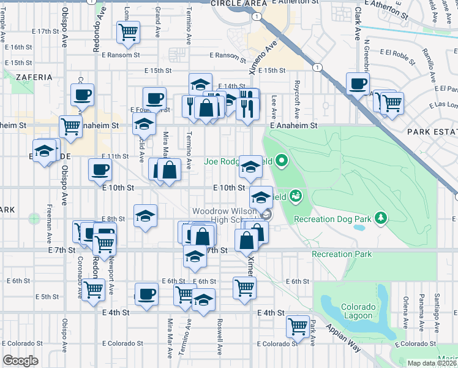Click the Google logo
(x=20, y=361)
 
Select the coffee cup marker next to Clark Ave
(x=358, y=84)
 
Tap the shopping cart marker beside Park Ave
(x=298, y=326)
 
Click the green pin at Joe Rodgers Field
(x=282, y=162)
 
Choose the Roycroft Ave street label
(x=297, y=98)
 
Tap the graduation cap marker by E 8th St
(x=145, y=215)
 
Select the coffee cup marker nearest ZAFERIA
(x=83, y=95)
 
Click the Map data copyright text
(x=432, y=363)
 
